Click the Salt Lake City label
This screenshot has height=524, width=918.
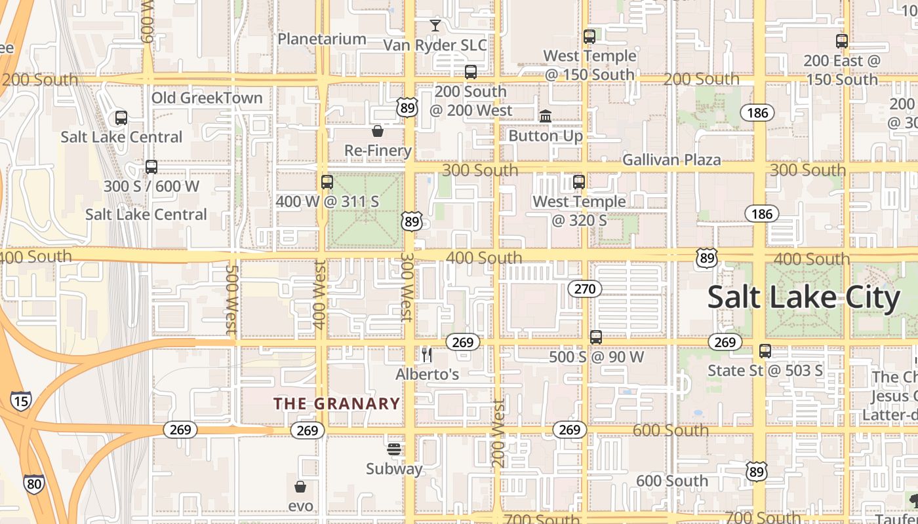804,298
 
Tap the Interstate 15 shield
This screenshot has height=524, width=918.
20,400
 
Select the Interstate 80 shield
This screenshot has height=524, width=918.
33,484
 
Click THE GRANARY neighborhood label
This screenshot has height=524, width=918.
336,403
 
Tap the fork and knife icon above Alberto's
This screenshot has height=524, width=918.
427,355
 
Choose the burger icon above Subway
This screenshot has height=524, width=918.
394,449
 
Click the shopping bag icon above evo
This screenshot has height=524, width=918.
300,486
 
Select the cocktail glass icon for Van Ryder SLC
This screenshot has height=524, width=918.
435,26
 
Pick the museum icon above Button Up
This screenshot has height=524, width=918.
546,116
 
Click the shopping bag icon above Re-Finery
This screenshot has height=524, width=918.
378,131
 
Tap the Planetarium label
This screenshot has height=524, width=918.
321,39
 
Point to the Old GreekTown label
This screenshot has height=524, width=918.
207,98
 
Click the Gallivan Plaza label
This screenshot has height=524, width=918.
671,160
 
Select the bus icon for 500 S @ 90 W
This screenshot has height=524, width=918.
596,337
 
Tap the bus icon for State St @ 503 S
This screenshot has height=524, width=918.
765,351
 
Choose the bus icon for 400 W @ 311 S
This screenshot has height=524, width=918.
327,182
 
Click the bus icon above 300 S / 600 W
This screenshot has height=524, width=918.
151,166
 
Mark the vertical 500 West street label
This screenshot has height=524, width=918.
230,299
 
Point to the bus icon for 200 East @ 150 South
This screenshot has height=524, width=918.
842,41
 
